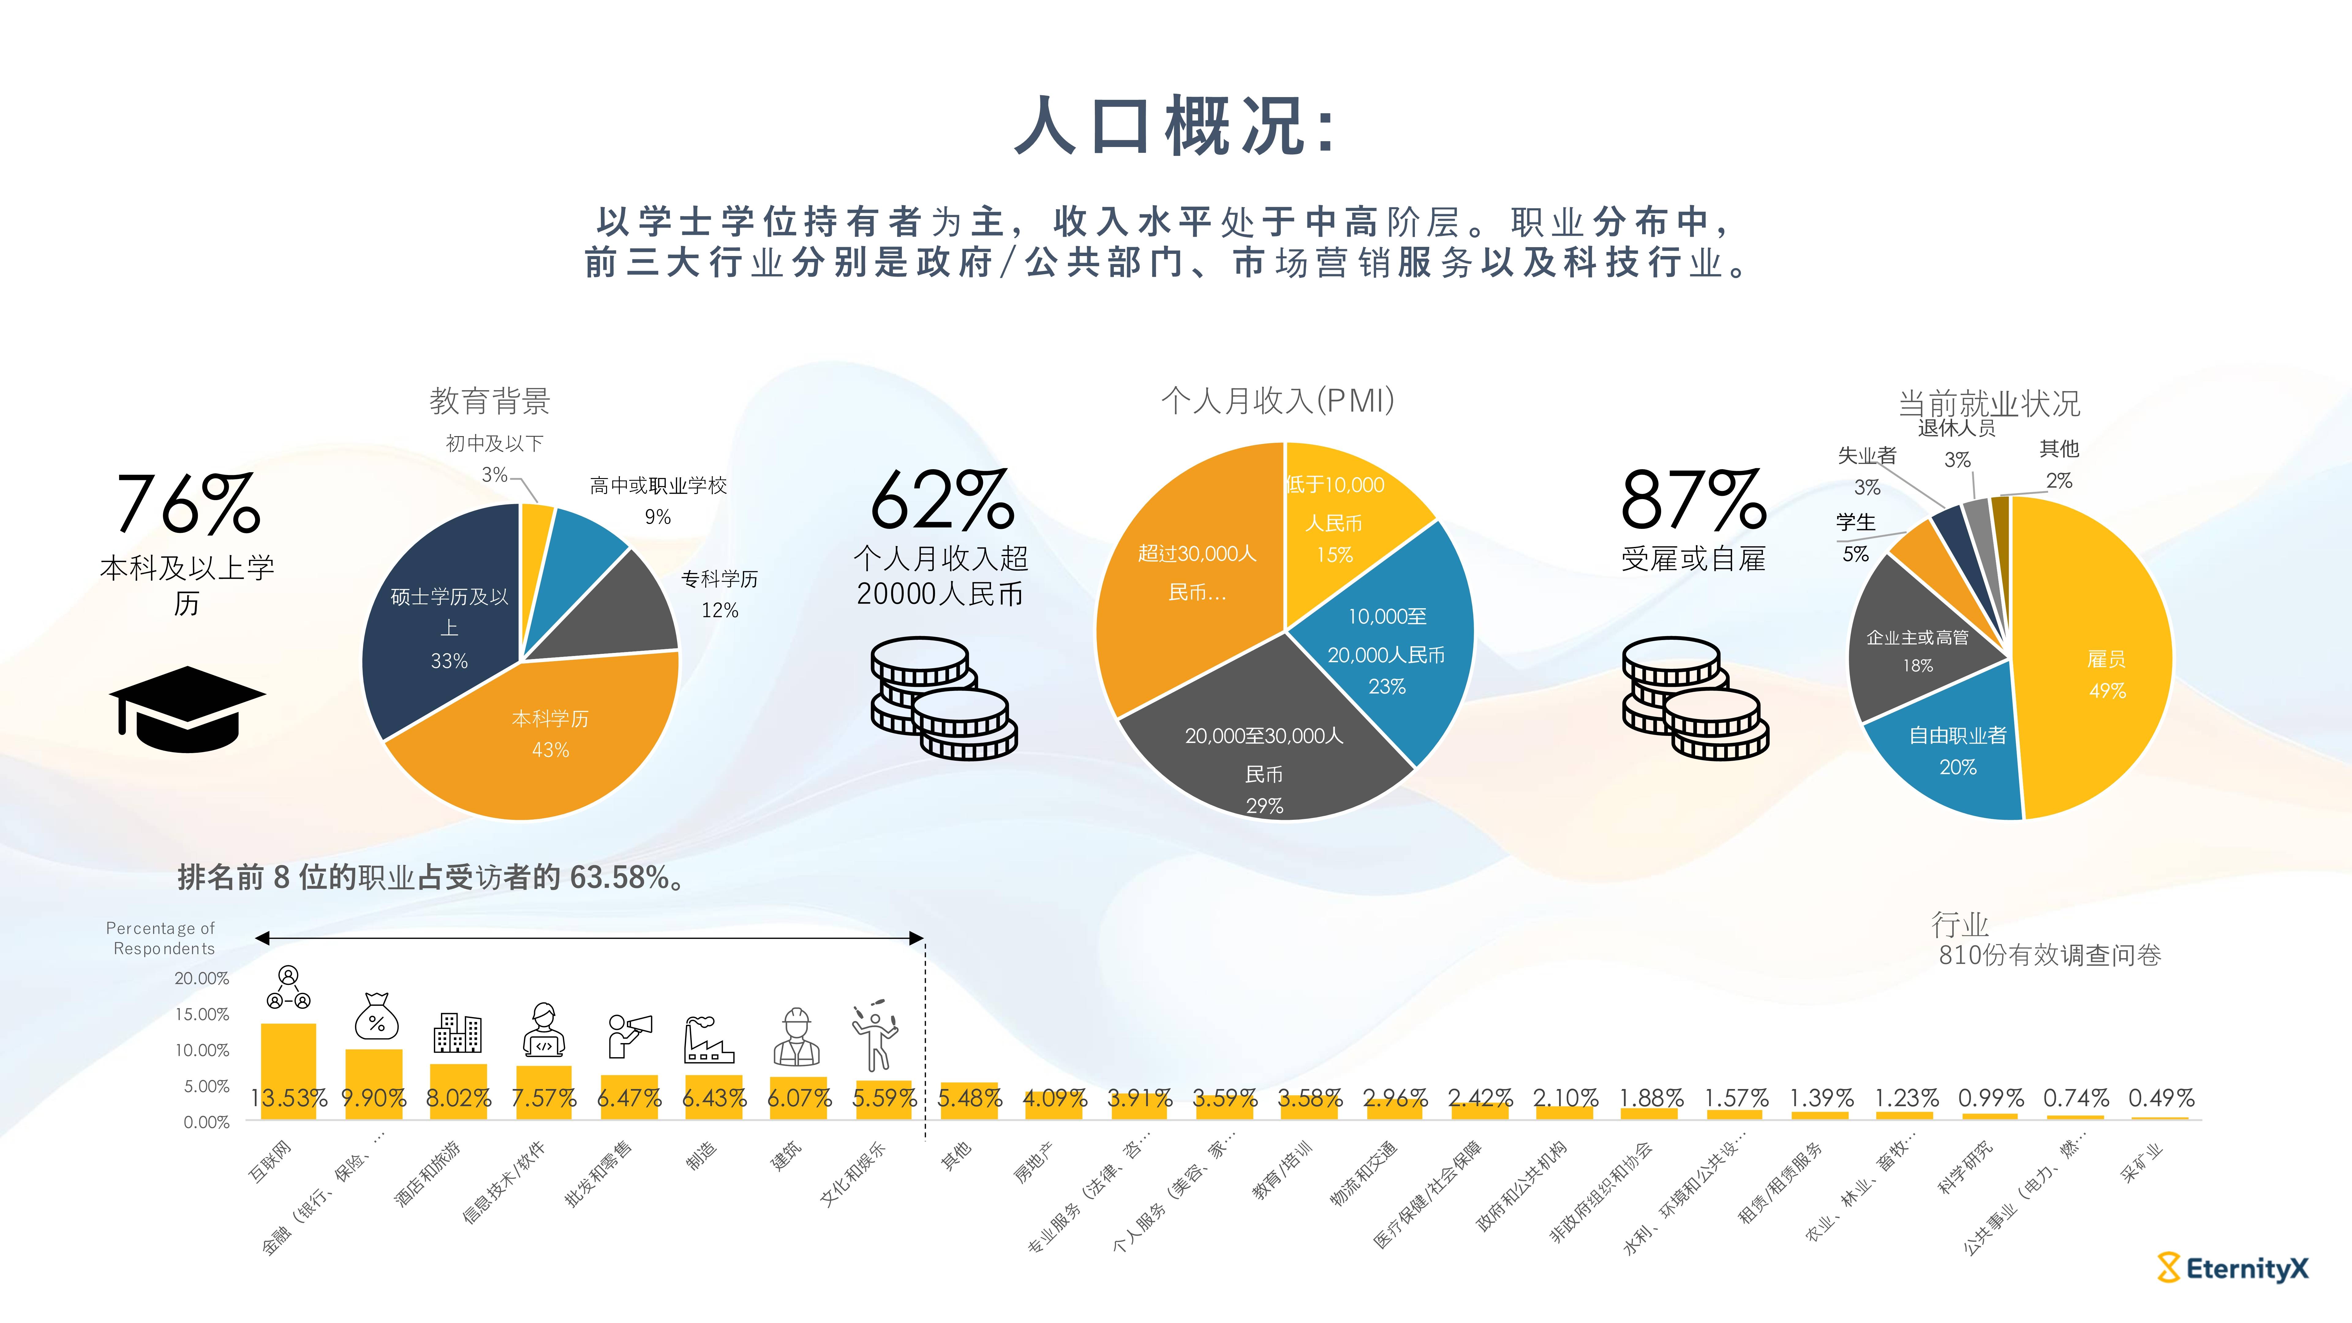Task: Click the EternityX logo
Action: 2233,1268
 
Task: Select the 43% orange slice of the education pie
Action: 548,740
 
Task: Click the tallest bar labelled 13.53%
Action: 288,1068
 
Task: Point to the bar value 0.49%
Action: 2160,1098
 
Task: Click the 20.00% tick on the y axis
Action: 202,978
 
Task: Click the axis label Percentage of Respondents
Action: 161,938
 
